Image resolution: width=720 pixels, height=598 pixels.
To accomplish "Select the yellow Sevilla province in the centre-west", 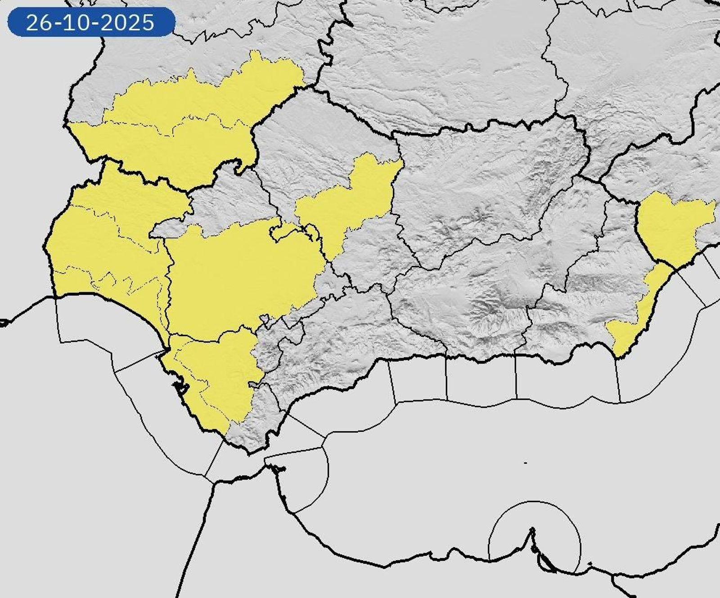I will (243, 274).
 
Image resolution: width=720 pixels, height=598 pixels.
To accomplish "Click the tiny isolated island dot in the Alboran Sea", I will (526, 463).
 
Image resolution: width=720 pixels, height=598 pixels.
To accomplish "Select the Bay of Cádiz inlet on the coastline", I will (180, 387).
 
